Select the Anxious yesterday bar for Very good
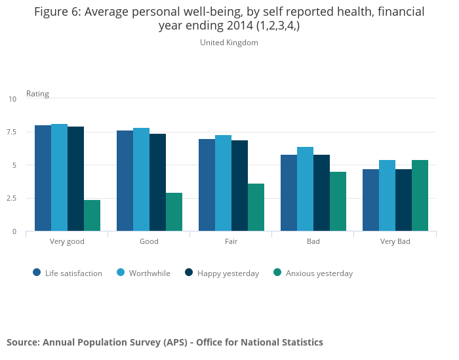coord(92,216)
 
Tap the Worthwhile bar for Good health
coord(141,180)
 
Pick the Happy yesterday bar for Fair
coord(239,186)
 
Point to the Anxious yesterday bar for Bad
coord(338,201)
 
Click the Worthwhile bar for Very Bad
coord(387,195)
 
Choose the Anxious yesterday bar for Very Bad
coord(420,195)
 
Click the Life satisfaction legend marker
coord(37,273)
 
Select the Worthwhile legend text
coord(150,273)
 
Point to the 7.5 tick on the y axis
coord(12,132)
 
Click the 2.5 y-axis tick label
coord(12,199)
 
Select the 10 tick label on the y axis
coord(12,99)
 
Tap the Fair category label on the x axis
coord(231,241)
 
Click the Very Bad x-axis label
coord(395,241)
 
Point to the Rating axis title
coord(37,94)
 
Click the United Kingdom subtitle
coord(229,43)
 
